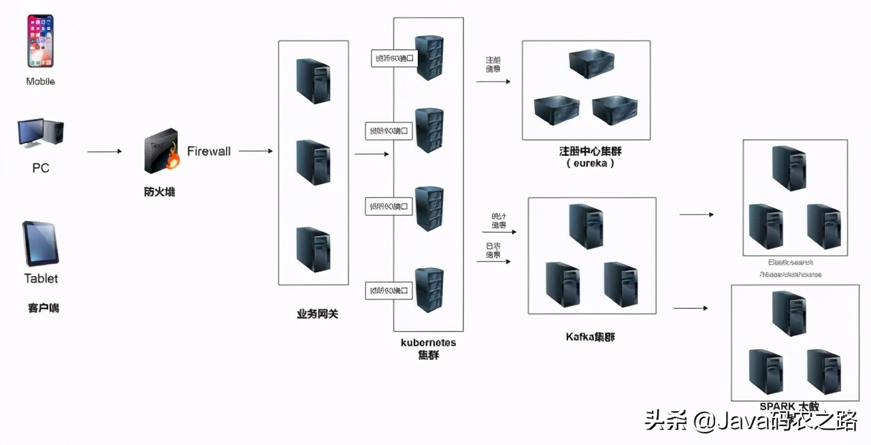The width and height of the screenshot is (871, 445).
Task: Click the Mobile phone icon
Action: pos(40,41)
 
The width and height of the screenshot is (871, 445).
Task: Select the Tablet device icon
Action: pos(41,243)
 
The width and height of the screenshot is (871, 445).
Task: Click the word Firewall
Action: pos(209,151)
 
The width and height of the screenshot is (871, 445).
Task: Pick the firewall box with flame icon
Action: pos(162,151)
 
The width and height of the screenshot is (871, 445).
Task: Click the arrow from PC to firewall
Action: pos(104,152)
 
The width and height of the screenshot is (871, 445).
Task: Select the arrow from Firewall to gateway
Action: pos(255,151)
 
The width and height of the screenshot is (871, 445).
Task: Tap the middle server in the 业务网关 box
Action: pos(313,163)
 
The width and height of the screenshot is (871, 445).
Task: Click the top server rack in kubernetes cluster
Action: pos(429,57)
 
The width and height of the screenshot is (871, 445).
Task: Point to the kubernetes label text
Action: pos(429,342)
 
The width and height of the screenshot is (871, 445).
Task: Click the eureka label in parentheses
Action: pos(590,163)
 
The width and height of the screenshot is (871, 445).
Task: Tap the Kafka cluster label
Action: pos(590,337)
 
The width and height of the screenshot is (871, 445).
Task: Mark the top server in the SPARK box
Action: pos(789,312)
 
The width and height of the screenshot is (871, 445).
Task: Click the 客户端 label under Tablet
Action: pos(44,308)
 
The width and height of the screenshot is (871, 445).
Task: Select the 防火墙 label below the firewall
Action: pos(160,192)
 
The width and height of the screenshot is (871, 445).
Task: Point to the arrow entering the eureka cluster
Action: pos(493,82)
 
